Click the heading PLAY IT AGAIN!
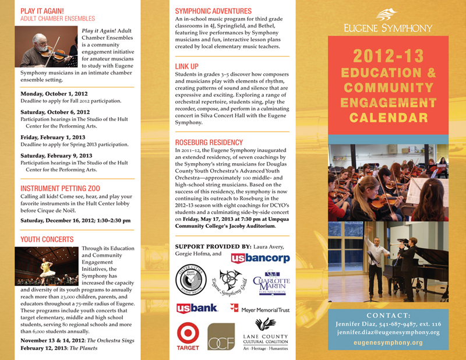tap(42, 10)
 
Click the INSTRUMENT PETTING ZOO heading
tap(60, 188)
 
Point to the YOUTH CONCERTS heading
tap(47, 239)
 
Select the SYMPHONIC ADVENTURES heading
tap(213, 11)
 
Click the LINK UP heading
tap(187, 66)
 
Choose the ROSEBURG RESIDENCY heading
tap(209, 142)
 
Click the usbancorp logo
tap(260, 257)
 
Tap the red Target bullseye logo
tap(188, 334)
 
